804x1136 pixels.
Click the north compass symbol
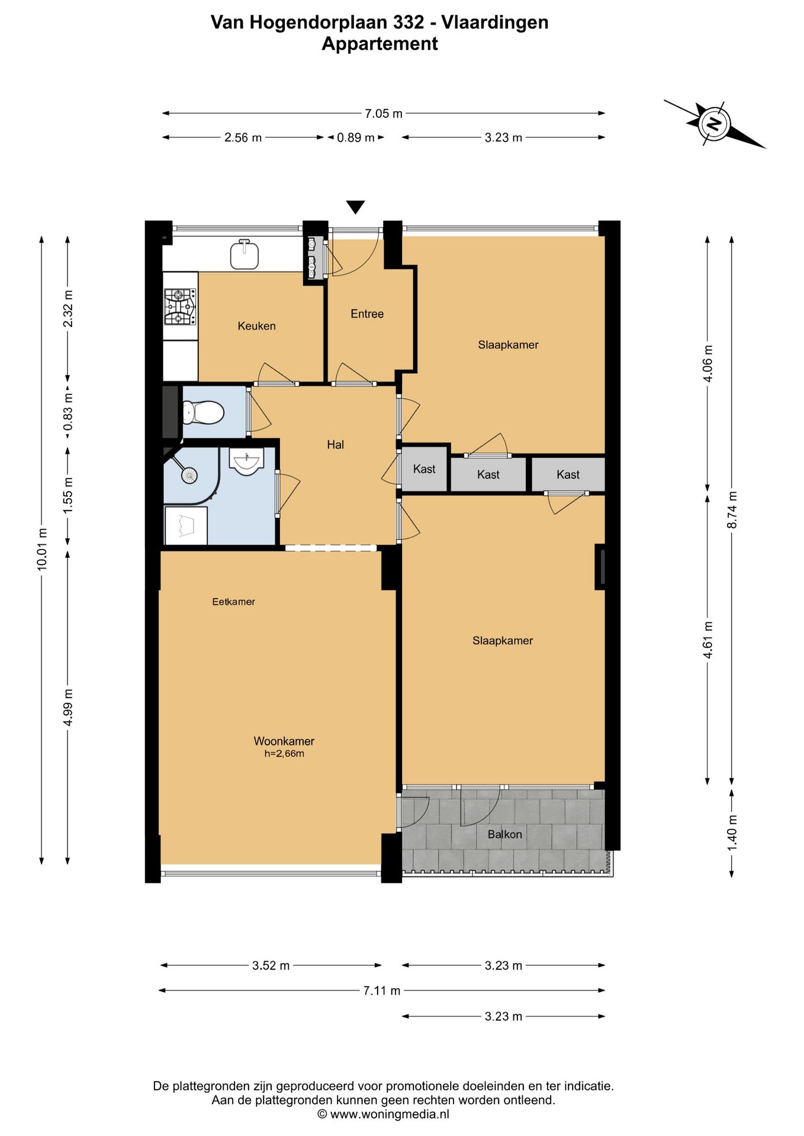[x=714, y=124]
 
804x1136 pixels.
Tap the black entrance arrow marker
[x=355, y=207]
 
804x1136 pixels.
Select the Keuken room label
[x=256, y=326]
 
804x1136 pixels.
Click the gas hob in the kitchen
[x=180, y=307]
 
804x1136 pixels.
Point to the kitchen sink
[x=245, y=254]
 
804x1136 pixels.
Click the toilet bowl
[x=203, y=412]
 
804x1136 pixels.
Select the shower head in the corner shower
[x=189, y=475]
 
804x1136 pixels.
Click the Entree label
[x=367, y=314]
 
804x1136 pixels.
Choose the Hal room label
[x=335, y=444]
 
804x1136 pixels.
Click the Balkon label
[x=505, y=834]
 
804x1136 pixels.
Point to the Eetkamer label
[x=234, y=602]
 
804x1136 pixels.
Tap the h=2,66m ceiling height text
[x=284, y=754]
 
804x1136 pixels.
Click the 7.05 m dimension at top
[x=384, y=114]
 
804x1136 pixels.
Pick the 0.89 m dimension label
[x=356, y=138]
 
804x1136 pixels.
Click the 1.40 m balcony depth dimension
[x=732, y=832]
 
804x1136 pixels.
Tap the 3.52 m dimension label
[x=271, y=966]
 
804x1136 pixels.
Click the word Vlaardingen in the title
[x=495, y=22]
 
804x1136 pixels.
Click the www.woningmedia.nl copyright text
[x=383, y=1114]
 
